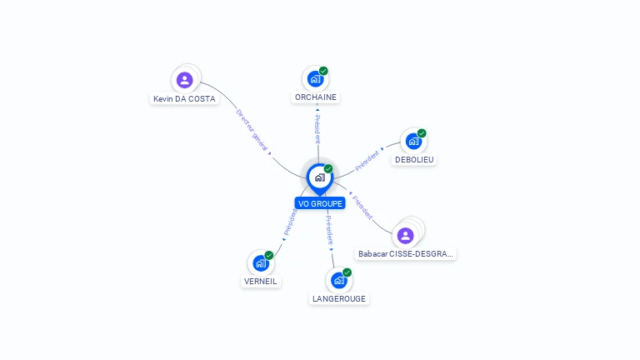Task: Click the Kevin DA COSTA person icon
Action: tap(185, 80)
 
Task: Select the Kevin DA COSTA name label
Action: tap(184, 98)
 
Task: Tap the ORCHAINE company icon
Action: tap(315, 79)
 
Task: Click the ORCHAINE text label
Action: tap(317, 97)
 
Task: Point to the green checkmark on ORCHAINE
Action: tap(323, 71)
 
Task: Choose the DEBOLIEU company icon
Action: tap(413, 142)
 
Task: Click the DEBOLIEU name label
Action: tap(414, 159)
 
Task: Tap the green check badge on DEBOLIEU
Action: tap(422, 133)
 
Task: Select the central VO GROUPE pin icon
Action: tap(319, 177)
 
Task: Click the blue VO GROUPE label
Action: tap(320, 203)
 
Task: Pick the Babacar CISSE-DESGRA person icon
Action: tap(406, 236)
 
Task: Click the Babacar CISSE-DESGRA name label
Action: tap(406, 253)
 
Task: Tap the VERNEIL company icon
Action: tap(261, 263)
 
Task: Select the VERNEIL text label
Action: tap(260, 281)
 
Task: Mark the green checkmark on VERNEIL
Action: tap(269, 255)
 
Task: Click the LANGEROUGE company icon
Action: tap(338, 280)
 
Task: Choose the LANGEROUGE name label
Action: tap(338, 298)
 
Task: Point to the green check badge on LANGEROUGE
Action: tap(347, 272)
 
